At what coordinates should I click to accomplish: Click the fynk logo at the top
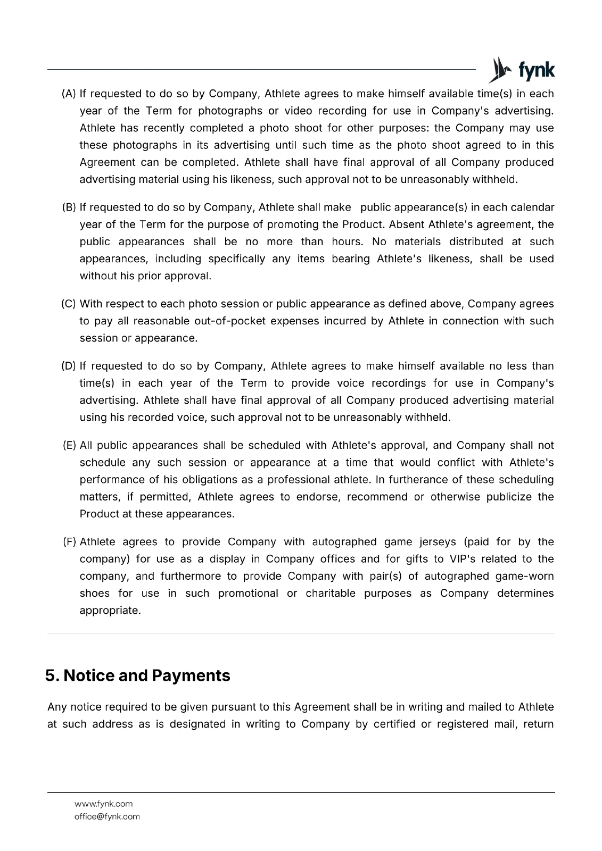point(522,70)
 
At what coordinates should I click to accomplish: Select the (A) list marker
point(69,94)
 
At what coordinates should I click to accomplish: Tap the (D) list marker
point(69,366)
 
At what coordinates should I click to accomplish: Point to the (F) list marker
point(69,542)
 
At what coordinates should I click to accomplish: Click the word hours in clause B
point(347,242)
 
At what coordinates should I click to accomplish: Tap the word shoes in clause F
point(94,594)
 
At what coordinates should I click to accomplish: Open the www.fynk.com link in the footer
point(103,804)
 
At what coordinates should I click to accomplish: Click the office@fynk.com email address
point(107,817)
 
